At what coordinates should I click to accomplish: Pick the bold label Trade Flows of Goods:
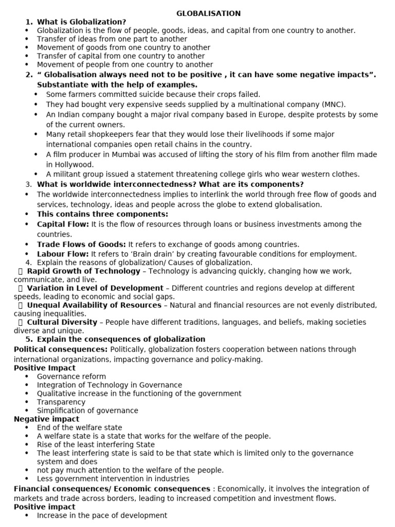point(81,244)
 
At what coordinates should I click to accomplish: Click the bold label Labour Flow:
point(63,254)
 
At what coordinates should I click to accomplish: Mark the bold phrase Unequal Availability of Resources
point(94,305)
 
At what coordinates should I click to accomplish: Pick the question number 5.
point(29,339)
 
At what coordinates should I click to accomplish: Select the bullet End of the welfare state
point(80,428)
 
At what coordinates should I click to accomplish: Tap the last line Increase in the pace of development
point(102,515)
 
